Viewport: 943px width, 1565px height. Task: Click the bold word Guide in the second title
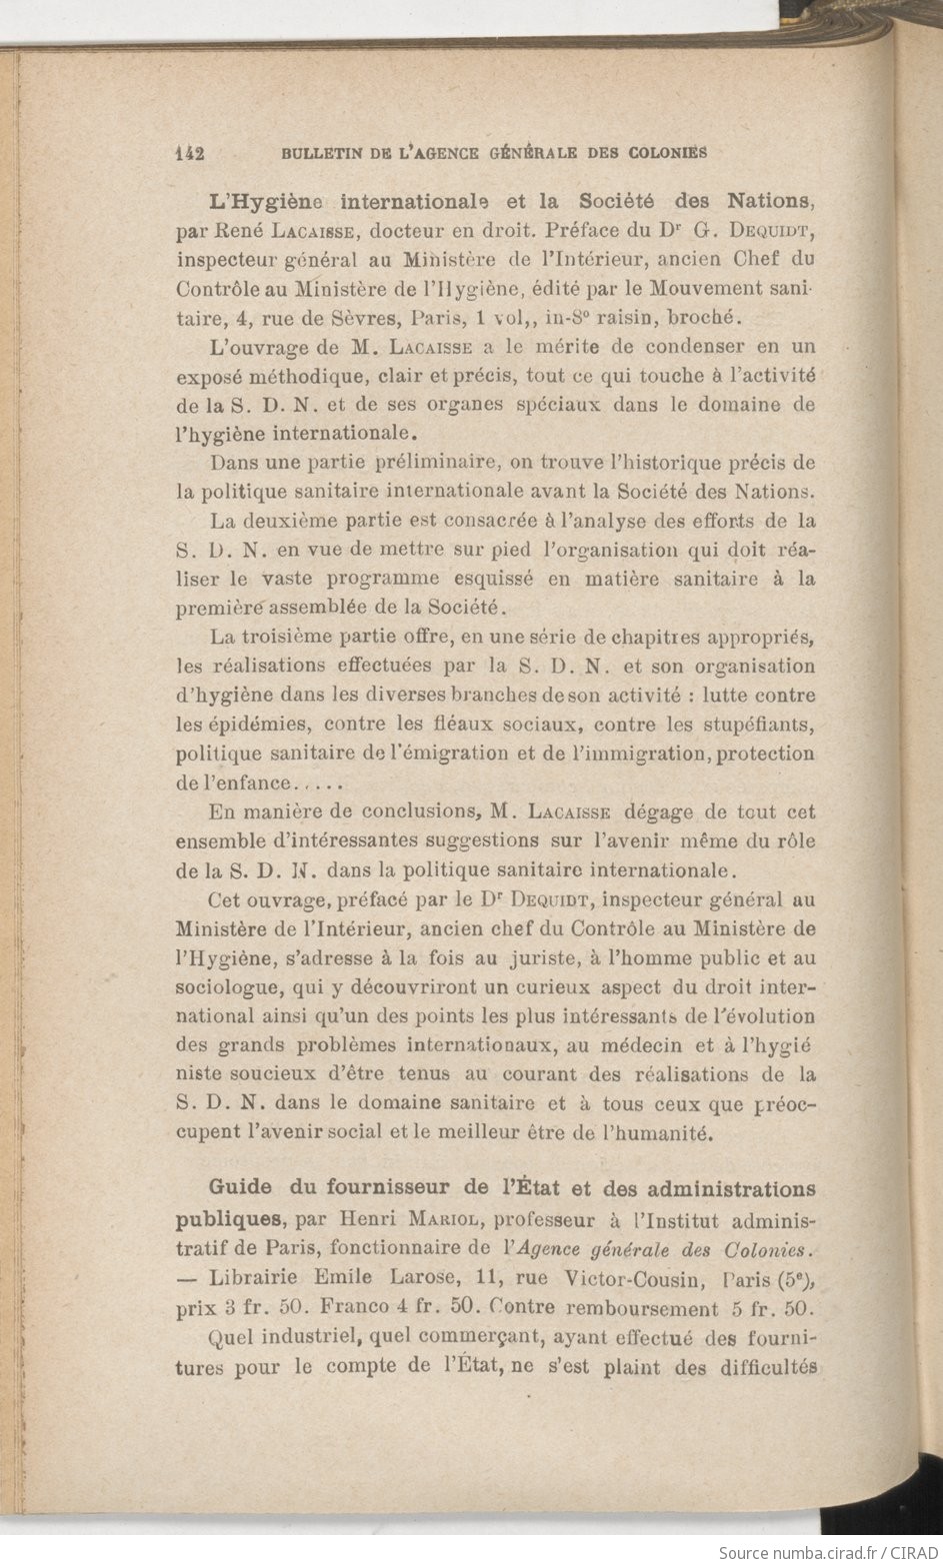click(x=240, y=1188)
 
